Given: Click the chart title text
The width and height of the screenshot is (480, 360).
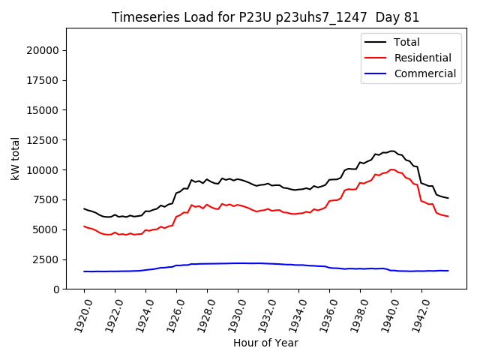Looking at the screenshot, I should click(x=265, y=17).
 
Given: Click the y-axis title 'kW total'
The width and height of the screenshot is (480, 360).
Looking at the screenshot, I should click(x=16, y=158).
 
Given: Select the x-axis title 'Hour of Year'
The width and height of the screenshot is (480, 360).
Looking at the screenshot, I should click(x=265, y=343).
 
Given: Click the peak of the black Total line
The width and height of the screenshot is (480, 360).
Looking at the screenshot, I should click(x=391, y=151).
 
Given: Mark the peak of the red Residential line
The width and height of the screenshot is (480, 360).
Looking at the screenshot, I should click(x=391, y=169).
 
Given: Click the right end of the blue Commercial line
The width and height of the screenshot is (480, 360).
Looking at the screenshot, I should click(x=448, y=271).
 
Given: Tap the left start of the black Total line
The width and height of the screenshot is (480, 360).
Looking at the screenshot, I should click(x=84, y=208).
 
